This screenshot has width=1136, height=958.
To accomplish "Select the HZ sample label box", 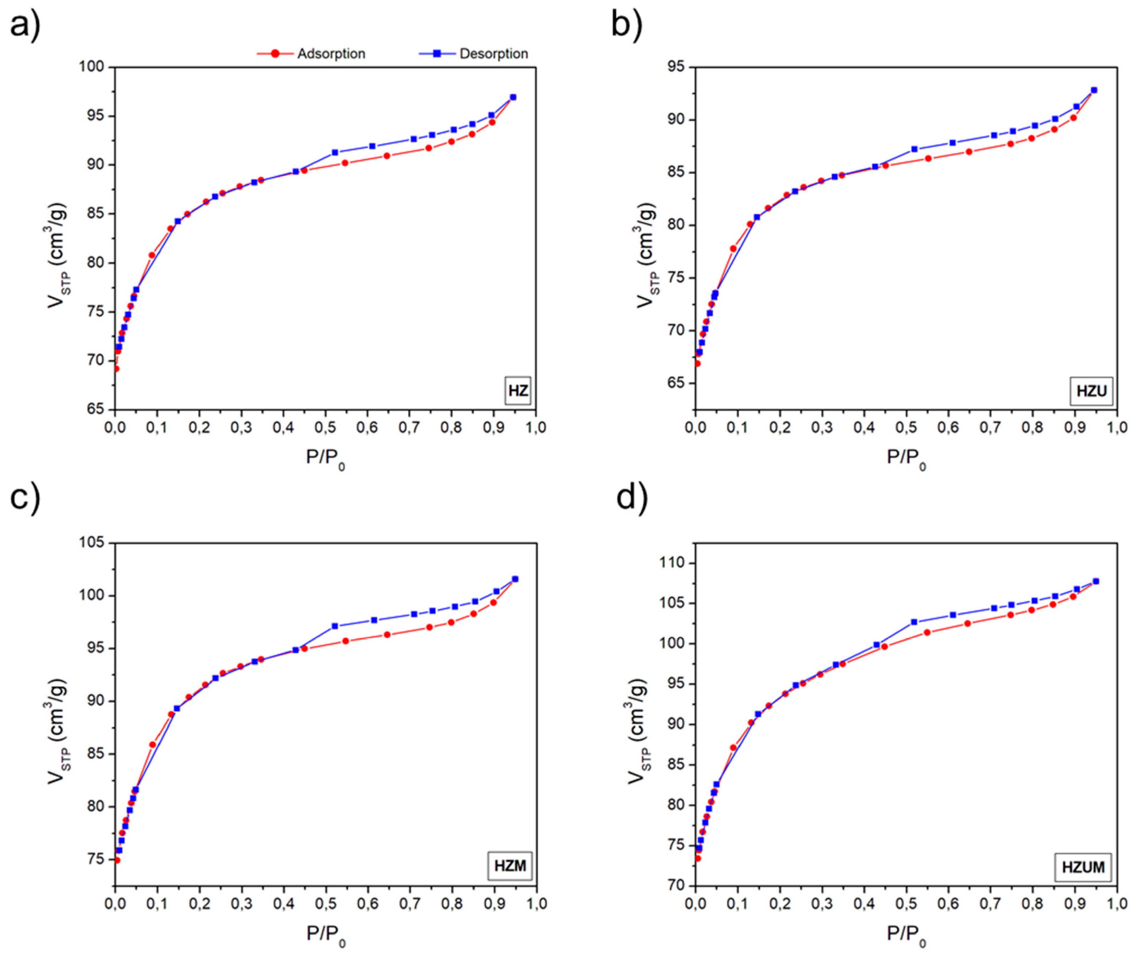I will [x=518, y=391].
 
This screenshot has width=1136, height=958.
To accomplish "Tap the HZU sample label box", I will [x=1091, y=391].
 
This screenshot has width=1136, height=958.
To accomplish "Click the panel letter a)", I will [x=25, y=25].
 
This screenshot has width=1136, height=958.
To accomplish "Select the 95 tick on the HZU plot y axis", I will [x=677, y=67].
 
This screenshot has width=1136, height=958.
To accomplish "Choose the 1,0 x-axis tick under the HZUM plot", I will [x=1116, y=904].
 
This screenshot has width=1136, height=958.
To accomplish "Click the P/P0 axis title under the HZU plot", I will [x=905, y=458].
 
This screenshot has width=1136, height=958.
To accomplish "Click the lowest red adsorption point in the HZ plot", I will [x=116, y=369].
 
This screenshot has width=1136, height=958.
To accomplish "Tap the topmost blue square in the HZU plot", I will [x=1094, y=90].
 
